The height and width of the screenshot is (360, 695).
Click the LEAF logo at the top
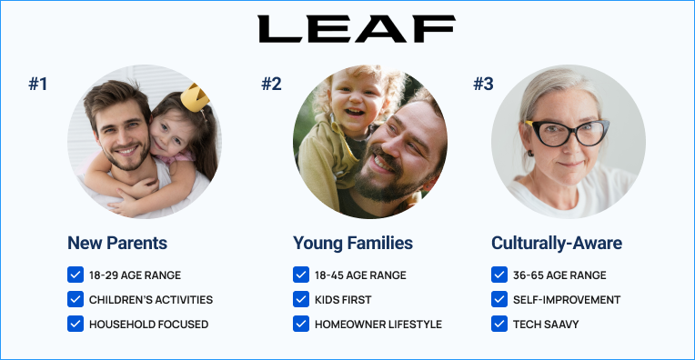coord(357,29)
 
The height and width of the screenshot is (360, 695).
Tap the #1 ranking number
coord(38,84)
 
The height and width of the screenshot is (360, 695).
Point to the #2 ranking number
coord(271,84)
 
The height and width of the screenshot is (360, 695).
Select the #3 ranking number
coord(483,84)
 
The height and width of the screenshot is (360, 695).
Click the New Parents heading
coord(117,243)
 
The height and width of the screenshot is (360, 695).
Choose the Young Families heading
coord(353,244)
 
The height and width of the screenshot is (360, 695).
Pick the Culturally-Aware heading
coord(557,244)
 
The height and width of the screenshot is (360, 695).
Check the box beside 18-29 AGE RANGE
coord(76,275)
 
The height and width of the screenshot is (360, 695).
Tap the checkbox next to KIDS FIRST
coord(301,299)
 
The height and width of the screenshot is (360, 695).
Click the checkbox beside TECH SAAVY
coord(499,324)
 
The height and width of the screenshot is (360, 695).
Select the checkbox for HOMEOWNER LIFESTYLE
coord(301,324)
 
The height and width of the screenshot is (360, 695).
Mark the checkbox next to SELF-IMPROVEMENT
coord(499,299)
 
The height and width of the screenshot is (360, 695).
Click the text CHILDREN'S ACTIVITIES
coord(151,300)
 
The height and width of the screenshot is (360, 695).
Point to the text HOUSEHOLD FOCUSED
coord(148,325)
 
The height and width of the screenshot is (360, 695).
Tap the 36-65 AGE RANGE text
coord(559,275)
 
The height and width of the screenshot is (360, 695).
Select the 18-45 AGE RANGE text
coord(360,275)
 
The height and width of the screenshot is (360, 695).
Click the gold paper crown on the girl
coord(195,97)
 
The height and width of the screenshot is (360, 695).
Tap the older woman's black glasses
coord(569,133)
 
